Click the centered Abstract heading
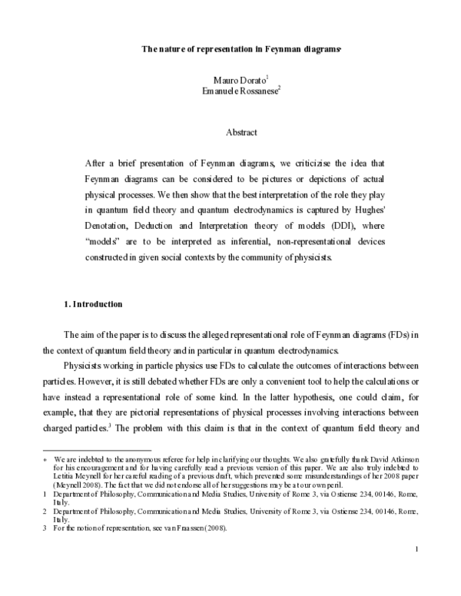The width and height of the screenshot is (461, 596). [240, 132]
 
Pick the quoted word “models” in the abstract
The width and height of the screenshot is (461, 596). [106, 245]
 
